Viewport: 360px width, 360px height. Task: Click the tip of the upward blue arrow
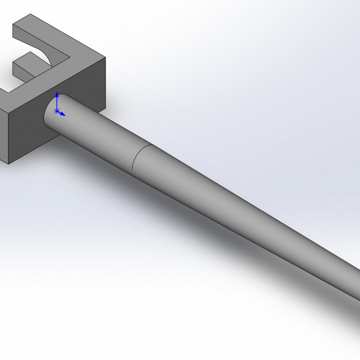[57, 93]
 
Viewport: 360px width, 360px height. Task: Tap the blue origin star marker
[56, 110]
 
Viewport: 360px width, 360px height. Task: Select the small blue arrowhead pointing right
[63, 114]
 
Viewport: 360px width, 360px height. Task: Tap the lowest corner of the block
[8, 163]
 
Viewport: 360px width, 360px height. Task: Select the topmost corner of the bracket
[30, 16]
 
